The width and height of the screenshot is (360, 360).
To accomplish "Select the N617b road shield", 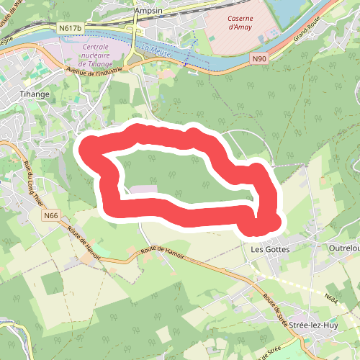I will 71,28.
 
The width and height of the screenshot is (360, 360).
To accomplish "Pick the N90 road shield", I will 260,60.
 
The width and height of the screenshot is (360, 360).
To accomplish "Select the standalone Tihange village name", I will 34,94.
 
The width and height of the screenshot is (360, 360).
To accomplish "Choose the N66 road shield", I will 50,215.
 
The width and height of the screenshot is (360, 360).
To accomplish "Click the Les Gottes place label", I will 269,249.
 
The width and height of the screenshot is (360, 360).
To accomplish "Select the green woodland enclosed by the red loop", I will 180,173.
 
